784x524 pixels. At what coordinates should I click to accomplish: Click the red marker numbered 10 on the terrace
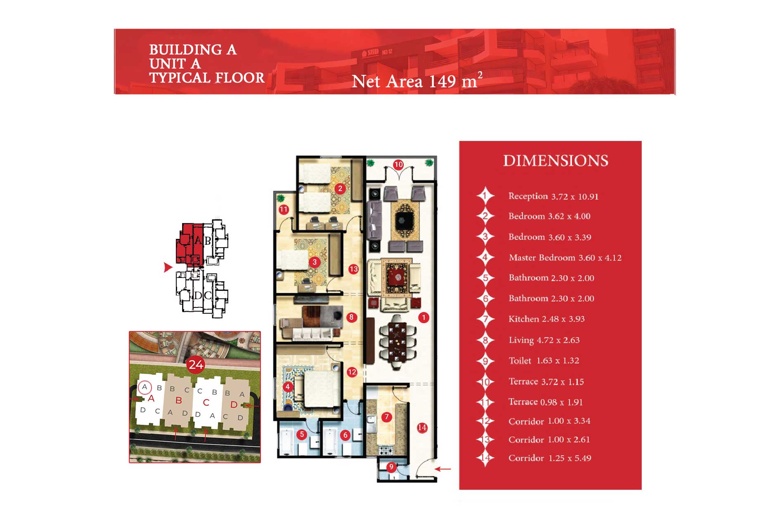[398, 165]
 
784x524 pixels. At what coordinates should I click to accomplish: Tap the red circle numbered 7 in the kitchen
[386, 417]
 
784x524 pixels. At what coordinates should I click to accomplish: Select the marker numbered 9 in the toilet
[391, 467]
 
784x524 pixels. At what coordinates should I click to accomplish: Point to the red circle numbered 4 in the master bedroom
[288, 387]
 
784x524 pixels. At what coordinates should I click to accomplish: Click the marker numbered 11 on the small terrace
[284, 210]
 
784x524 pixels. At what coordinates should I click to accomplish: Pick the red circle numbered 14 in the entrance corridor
[422, 428]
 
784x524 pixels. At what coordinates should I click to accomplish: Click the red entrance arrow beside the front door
[443, 469]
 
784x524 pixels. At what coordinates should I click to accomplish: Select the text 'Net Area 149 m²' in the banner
[417, 81]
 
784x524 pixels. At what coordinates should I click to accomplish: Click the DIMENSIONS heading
[556, 161]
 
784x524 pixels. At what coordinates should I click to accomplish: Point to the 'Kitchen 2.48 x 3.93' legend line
[547, 319]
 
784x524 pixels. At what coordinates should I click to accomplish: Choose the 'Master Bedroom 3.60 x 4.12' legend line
[565, 258]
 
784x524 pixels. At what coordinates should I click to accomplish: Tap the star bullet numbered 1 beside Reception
[486, 196]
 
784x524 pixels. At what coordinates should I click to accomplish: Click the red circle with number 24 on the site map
[196, 364]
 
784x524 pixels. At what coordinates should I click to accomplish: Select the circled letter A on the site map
[144, 387]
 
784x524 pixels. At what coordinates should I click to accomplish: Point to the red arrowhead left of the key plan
[168, 267]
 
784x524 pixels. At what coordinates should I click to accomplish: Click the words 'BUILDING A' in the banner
[193, 50]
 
